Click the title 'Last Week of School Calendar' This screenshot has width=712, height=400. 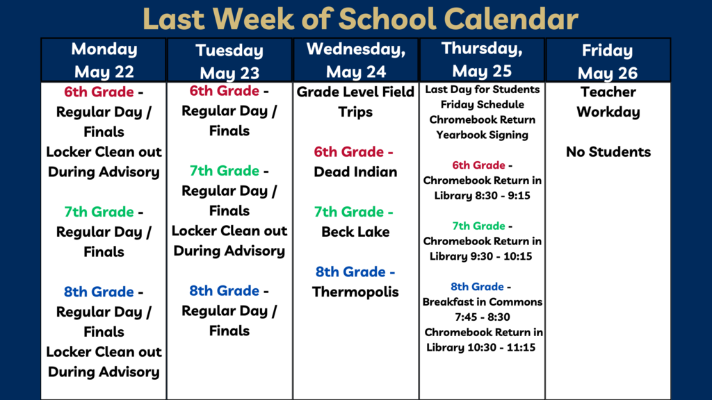[x=360, y=19]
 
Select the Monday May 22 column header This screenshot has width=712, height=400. [x=104, y=60]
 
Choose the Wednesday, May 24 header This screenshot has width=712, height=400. [x=356, y=60]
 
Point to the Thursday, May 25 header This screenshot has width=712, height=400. [x=482, y=60]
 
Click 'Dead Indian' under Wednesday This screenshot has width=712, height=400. [x=355, y=172]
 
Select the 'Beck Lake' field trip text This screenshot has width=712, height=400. [x=355, y=232]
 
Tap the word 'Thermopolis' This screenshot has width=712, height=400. [x=355, y=292]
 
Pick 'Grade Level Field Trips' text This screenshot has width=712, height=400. [x=355, y=102]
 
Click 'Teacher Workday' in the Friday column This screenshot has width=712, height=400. [x=608, y=102]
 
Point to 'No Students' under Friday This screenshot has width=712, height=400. [x=608, y=152]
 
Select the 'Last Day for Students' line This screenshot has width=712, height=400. [x=483, y=90]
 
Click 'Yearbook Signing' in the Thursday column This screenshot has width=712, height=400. [x=483, y=135]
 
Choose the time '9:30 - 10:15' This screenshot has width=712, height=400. [x=500, y=256]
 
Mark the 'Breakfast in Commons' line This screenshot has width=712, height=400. [x=483, y=301]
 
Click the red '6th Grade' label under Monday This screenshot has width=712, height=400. [x=99, y=92]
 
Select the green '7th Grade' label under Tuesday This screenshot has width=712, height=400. [x=225, y=171]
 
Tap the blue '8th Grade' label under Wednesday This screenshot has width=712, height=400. [x=350, y=272]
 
